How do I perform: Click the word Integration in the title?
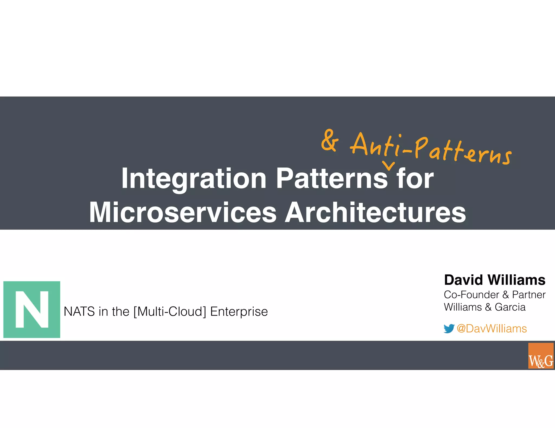(194, 179)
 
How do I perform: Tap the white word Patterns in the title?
(332, 179)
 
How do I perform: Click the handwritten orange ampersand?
(330, 140)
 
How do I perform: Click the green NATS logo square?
(32, 310)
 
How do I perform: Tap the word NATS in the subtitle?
(79, 312)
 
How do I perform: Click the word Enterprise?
(239, 312)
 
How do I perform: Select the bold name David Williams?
(495, 280)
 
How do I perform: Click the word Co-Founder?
(471, 295)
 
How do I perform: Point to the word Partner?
(529, 295)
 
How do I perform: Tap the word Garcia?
(510, 307)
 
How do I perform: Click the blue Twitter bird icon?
(449, 328)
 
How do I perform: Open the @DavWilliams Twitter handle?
(492, 328)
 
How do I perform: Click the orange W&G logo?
(541, 355)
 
